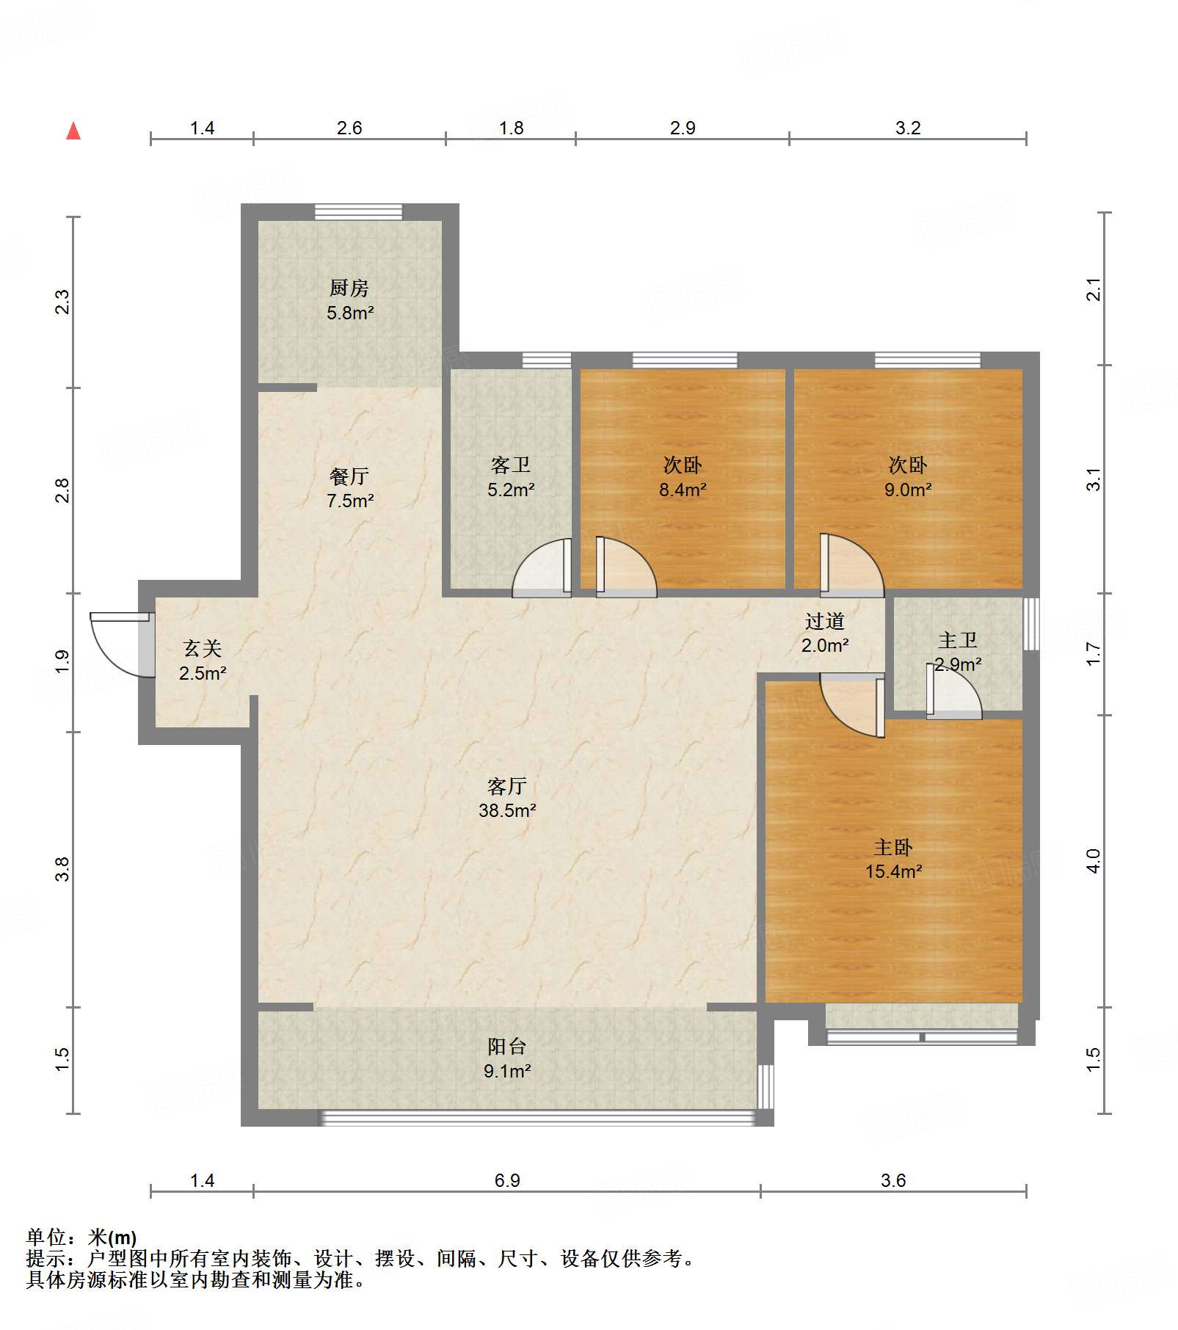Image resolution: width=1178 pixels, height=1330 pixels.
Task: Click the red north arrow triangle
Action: tap(73, 131)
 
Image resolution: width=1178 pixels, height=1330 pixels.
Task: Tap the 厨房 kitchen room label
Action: tap(349, 288)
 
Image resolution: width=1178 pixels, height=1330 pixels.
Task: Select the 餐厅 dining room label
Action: tap(349, 476)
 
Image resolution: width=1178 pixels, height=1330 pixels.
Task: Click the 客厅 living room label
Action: tap(507, 786)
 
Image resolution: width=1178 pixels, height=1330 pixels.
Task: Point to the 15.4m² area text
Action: tap(893, 871)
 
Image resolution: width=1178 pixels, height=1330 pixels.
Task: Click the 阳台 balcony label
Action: tap(507, 1046)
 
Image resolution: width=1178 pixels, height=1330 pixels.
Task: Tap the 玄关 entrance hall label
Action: tap(203, 648)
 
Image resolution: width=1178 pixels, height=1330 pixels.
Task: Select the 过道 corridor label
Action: tap(824, 621)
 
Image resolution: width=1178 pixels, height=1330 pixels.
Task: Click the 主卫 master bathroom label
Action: tap(958, 640)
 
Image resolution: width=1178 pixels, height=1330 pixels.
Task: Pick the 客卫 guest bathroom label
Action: tap(511, 465)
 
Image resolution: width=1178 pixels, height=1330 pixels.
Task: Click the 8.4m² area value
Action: tap(683, 490)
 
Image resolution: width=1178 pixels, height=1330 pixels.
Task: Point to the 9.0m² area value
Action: tap(908, 490)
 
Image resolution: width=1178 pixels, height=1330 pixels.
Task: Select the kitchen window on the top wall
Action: tap(358, 211)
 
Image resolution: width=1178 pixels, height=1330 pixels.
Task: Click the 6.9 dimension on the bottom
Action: tap(507, 1180)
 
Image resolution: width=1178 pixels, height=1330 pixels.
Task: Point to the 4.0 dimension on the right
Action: tap(1093, 860)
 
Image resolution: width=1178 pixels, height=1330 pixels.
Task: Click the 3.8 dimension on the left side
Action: tap(62, 869)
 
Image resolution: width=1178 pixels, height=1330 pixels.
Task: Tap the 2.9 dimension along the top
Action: tap(683, 128)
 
